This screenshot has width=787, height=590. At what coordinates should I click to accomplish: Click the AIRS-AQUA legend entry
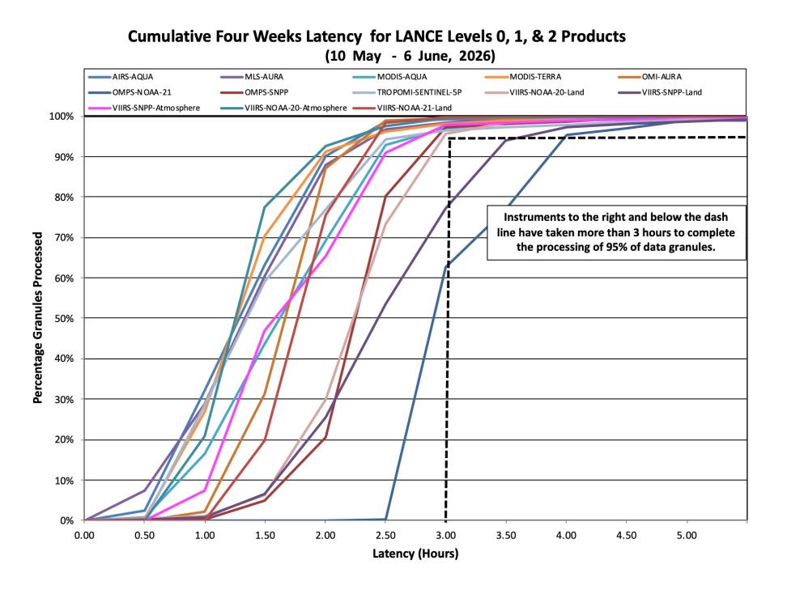[x=121, y=77]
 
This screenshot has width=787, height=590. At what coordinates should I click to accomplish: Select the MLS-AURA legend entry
[x=252, y=77]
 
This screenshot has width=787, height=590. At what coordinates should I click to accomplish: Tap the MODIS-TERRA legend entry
[x=523, y=77]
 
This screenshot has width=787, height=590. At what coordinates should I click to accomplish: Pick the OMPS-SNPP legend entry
[x=254, y=92]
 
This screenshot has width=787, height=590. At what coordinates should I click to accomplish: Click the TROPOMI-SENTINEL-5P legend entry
[x=407, y=92]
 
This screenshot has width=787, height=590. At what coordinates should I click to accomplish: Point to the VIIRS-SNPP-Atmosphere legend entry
[x=144, y=108]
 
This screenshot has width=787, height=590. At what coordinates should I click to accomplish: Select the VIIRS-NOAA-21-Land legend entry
[x=402, y=108]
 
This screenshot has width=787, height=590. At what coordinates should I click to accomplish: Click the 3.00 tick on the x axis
[x=445, y=535]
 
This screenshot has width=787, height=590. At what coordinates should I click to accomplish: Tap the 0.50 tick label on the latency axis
[x=145, y=535]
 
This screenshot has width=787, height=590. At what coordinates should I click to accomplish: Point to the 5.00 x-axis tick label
[x=687, y=535]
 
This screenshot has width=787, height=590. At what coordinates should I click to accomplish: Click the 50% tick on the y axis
[x=63, y=319]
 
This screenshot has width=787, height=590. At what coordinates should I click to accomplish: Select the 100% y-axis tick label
[x=62, y=117]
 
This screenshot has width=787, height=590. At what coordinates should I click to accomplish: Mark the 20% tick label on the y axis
[x=63, y=440]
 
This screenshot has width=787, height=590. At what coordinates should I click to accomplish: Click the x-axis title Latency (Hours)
[x=415, y=554]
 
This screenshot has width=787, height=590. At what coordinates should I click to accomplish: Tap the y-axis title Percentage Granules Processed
[x=37, y=317]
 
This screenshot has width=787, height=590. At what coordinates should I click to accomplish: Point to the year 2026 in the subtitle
[x=476, y=55]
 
